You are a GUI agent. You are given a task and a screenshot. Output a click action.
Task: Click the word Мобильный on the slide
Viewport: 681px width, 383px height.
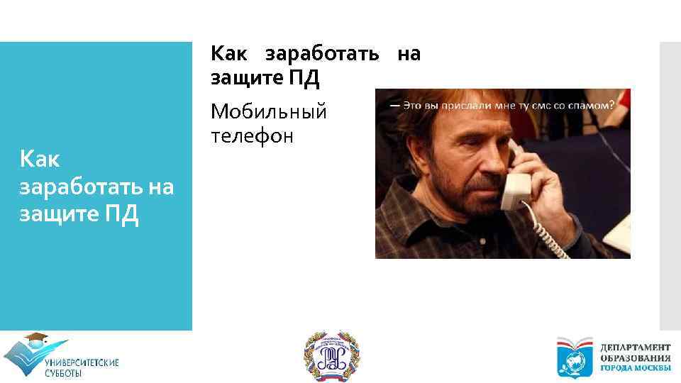tap(268, 112)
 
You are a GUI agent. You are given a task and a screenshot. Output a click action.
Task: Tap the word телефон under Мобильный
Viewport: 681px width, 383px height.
tap(251, 136)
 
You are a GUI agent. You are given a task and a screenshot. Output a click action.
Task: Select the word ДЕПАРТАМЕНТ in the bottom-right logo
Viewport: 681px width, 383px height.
tap(636, 347)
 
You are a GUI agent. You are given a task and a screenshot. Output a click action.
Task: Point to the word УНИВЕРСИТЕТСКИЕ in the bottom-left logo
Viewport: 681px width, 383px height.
tap(82, 363)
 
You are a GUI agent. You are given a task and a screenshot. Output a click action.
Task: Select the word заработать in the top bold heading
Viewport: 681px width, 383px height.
tap(322, 54)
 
